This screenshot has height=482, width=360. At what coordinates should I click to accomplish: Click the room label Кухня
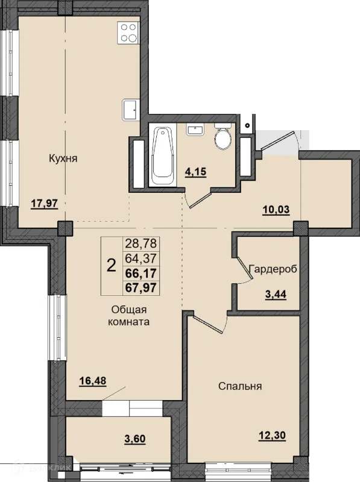(x=63, y=159)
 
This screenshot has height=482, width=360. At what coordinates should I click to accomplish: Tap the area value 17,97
(x=45, y=203)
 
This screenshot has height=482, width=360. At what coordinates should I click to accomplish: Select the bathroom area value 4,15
(x=195, y=172)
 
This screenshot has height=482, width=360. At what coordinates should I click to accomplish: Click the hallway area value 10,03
(x=276, y=210)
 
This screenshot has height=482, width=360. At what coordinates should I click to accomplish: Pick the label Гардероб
(x=273, y=269)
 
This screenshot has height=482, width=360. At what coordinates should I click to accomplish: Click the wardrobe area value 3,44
(x=276, y=294)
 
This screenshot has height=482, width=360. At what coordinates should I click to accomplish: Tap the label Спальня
(x=240, y=386)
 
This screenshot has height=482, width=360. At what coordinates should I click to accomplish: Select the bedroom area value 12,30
(x=273, y=435)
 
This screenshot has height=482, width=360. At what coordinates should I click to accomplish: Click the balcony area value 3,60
(x=135, y=439)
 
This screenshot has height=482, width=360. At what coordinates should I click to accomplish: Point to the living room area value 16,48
(x=93, y=381)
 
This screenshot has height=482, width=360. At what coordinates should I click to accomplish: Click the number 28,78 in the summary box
(x=141, y=243)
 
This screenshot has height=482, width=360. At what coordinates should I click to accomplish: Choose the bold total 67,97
(x=141, y=288)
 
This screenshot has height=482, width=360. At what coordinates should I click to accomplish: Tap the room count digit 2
(x=112, y=266)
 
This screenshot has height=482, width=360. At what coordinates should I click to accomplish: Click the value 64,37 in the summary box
(x=141, y=258)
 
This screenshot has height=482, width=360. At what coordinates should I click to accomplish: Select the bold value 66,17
(x=141, y=273)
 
